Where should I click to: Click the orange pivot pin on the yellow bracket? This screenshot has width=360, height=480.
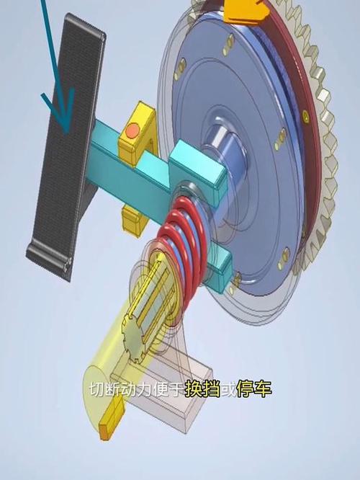132,130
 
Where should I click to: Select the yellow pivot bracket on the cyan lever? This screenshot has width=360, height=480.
138,130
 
